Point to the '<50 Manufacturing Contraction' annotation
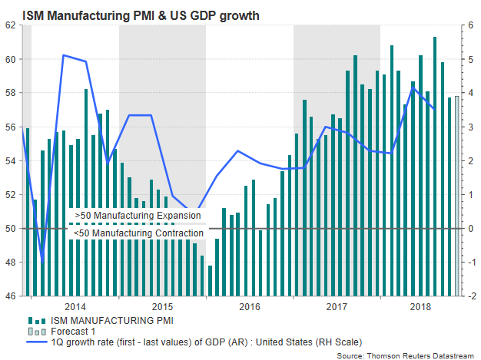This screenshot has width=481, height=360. [x=139, y=233]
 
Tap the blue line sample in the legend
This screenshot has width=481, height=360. [x=38, y=342]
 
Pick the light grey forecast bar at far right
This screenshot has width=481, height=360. [x=457, y=196]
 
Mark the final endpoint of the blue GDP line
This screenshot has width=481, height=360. [x=435, y=109]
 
